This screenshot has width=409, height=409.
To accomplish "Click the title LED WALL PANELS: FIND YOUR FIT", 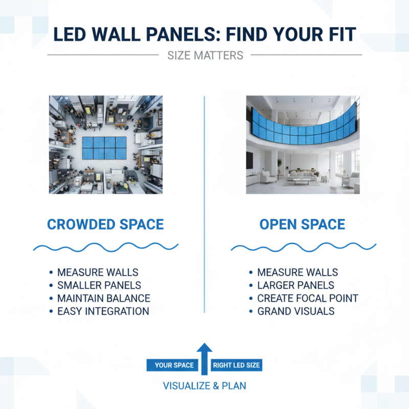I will (204, 34).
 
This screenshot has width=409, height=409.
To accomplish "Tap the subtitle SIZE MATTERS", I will (205, 55).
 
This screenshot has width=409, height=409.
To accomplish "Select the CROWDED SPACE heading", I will (105, 224).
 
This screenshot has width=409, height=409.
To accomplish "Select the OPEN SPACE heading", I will (302, 224).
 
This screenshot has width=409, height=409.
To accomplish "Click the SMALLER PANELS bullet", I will (99, 285).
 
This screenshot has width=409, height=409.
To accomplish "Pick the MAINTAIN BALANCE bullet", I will (104, 298).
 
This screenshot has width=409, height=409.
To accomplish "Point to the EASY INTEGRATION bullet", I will (103, 311).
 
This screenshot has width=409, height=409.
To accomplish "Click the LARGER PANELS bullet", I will (296, 285).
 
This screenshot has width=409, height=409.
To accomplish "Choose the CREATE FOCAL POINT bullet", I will (308, 298).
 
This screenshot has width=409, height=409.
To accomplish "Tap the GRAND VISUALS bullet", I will (296, 311).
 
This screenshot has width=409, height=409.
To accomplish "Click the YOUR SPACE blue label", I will (174, 365).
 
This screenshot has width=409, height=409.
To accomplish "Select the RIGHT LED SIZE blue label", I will (236, 365).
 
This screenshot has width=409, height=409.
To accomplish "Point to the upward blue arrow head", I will (204, 349).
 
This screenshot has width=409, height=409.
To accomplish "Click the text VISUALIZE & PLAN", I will (204, 386).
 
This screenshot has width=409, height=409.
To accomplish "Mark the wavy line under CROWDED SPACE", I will (105, 247).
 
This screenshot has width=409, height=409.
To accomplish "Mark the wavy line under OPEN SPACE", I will (303, 247).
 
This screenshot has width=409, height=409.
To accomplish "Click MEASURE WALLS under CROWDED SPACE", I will (98, 272).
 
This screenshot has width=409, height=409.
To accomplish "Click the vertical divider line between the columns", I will (204, 204).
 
